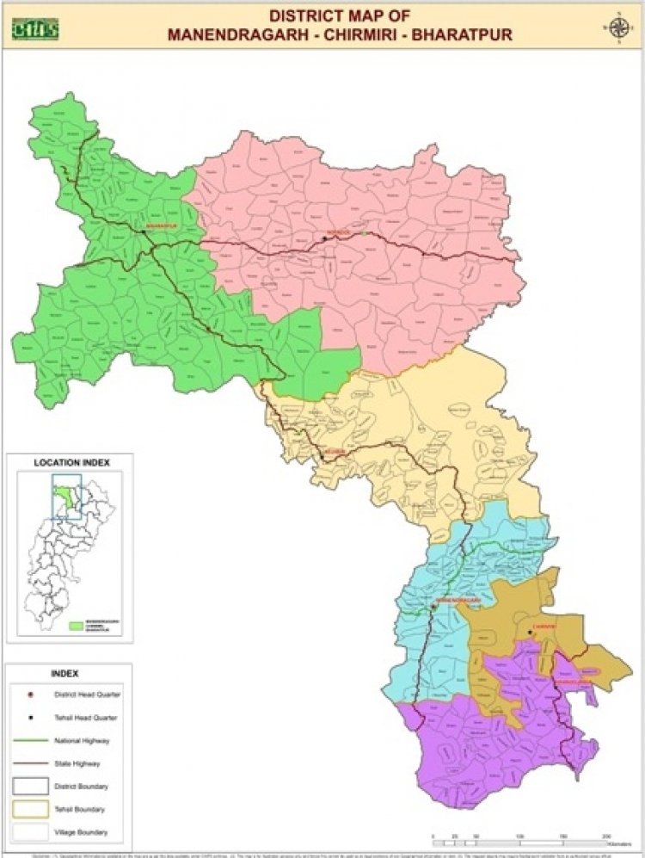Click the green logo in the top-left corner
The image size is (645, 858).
tap(34, 28)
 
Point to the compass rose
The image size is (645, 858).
tap(617, 27)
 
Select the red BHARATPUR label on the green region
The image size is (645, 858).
tap(160, 226)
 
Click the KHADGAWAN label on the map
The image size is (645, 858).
tap(574, 682)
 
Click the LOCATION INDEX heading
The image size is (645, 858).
tap(71, 463)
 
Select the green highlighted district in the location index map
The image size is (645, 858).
tap(63, 498)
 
